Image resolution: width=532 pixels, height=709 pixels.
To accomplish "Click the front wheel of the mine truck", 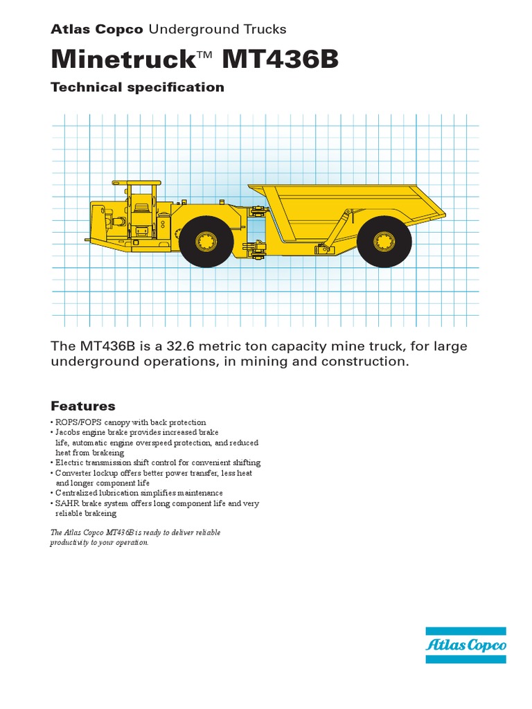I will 206,241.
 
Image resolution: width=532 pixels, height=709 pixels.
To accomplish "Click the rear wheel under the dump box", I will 384,241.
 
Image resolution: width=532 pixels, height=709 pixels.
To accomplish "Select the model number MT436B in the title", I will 281,60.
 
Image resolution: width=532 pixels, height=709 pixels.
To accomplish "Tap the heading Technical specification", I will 137,87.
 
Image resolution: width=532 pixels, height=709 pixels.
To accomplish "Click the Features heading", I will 83,406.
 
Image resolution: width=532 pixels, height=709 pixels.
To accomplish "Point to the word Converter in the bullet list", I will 73,473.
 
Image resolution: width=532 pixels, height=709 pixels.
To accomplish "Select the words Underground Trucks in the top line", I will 217,29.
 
